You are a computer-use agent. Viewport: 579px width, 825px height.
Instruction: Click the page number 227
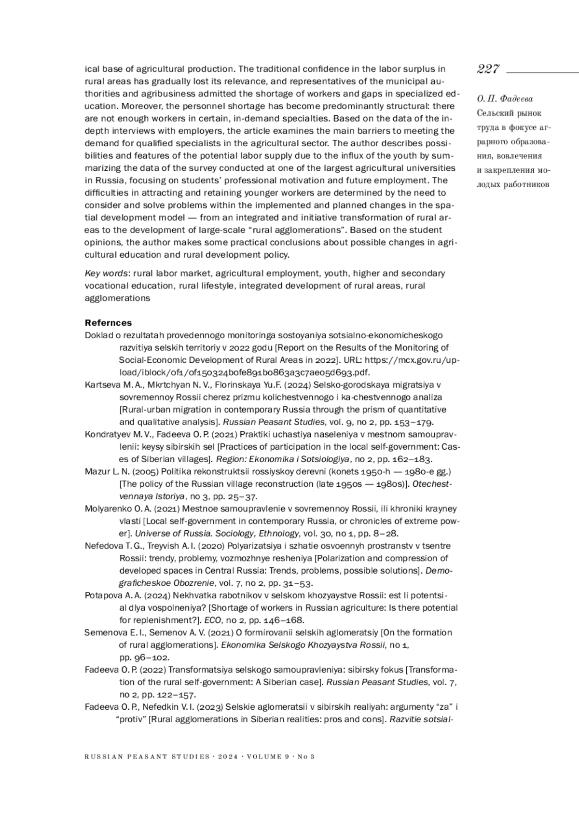point(488,69)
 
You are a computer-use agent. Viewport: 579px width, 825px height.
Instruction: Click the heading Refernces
point(108,323)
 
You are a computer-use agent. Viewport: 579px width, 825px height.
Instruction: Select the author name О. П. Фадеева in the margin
point(505,99)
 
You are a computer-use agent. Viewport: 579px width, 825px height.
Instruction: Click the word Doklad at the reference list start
point(98,335)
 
